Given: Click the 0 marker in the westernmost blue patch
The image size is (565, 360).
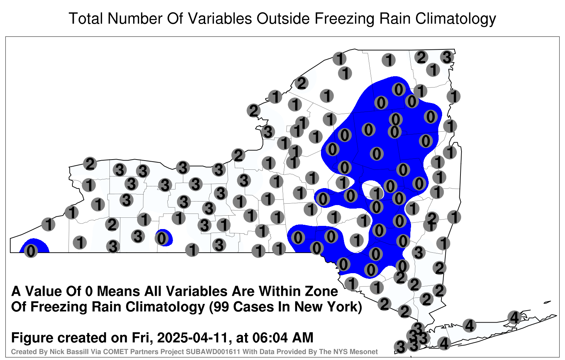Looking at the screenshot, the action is click(31, 251).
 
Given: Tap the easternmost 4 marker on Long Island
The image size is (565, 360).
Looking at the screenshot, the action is click(514, 317).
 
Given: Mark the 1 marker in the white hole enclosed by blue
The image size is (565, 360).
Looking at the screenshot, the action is click(376, 194).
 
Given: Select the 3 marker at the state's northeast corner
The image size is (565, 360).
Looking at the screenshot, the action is click(447, 57).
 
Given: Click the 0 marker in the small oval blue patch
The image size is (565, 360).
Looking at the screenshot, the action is click(162, 238).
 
